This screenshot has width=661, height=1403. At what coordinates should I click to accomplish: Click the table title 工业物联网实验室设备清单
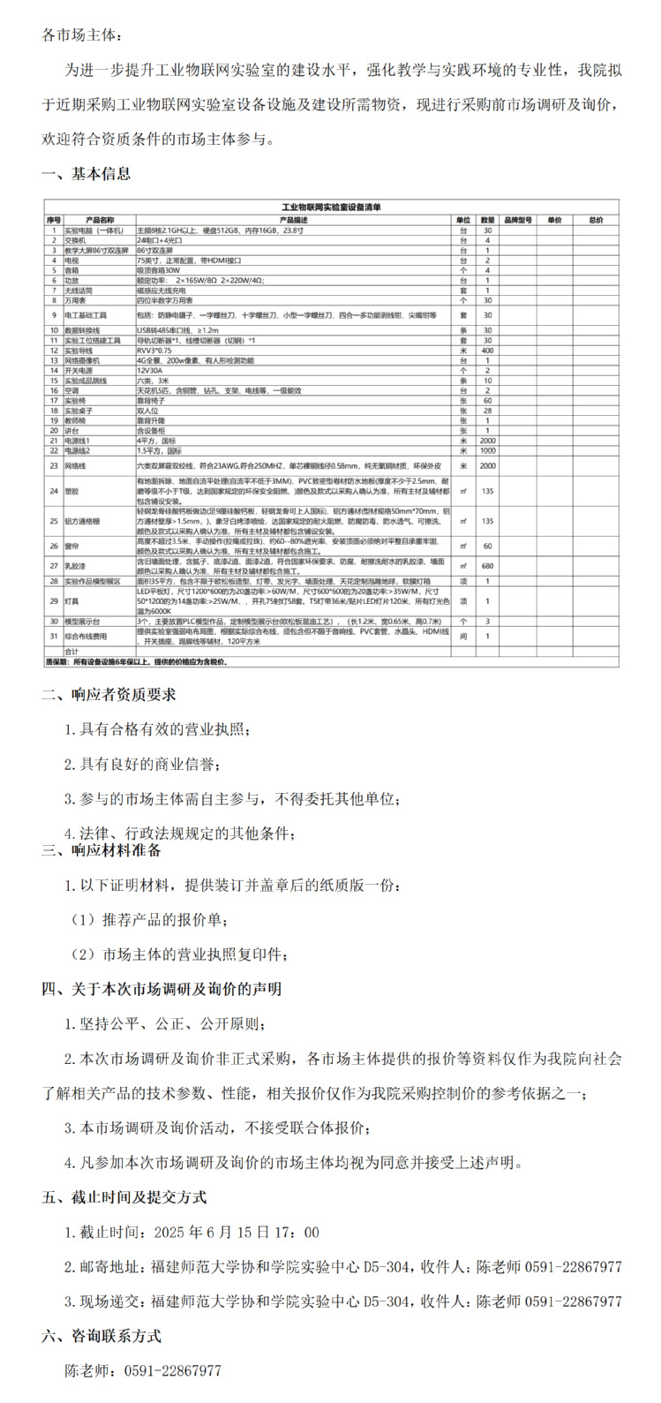(331, 207)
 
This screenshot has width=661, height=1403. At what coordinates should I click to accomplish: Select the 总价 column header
(596, 219)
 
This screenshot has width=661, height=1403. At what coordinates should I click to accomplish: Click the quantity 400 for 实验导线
(487, 351)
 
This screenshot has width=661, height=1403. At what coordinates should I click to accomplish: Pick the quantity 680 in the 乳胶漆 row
(487, 564)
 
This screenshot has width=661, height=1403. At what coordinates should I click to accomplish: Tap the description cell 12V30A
(152, 371)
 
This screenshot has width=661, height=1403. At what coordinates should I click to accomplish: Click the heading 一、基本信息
(86, 174)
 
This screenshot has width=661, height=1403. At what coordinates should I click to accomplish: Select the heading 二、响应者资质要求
(109, 694)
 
